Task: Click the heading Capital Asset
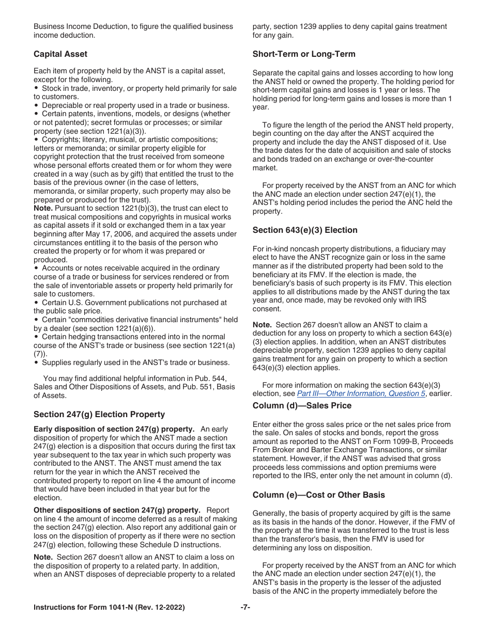(x=60, y=54)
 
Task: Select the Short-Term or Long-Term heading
(x=304, y=54)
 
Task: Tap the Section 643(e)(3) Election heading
(x=305, y=230)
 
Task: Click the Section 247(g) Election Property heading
(x=99, y=415)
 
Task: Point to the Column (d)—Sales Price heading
(x=302, y=406)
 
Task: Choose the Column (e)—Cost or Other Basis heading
(x=318, y=495)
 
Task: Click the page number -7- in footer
(x=245, y=608)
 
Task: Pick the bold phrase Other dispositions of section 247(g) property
(x=117, y=510)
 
